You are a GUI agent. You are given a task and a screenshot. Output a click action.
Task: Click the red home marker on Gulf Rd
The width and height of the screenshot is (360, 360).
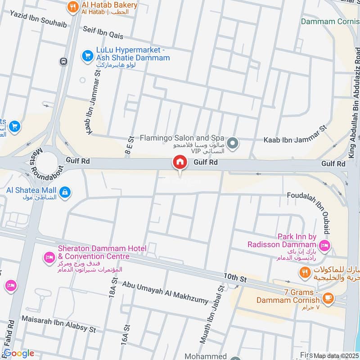[x=180, y=162]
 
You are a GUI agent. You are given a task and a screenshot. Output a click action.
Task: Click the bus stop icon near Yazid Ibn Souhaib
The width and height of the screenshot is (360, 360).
[x=63, y=61]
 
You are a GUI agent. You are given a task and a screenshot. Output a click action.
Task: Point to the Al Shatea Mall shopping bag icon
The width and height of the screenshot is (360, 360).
[x=66, y=192]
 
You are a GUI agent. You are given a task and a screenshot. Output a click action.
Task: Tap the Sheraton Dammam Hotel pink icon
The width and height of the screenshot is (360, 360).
[x=49, y=257]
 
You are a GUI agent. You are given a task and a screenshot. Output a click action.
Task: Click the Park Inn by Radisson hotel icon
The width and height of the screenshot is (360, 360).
[x=324, y=245]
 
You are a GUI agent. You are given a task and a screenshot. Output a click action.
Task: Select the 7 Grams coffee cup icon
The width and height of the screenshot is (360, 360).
[x=328, y=297]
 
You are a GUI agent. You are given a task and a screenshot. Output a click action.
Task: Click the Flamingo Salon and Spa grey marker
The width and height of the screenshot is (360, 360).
[x=232, y=144]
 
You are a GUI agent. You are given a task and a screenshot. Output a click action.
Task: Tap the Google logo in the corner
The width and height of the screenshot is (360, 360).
[x=19, y=354]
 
